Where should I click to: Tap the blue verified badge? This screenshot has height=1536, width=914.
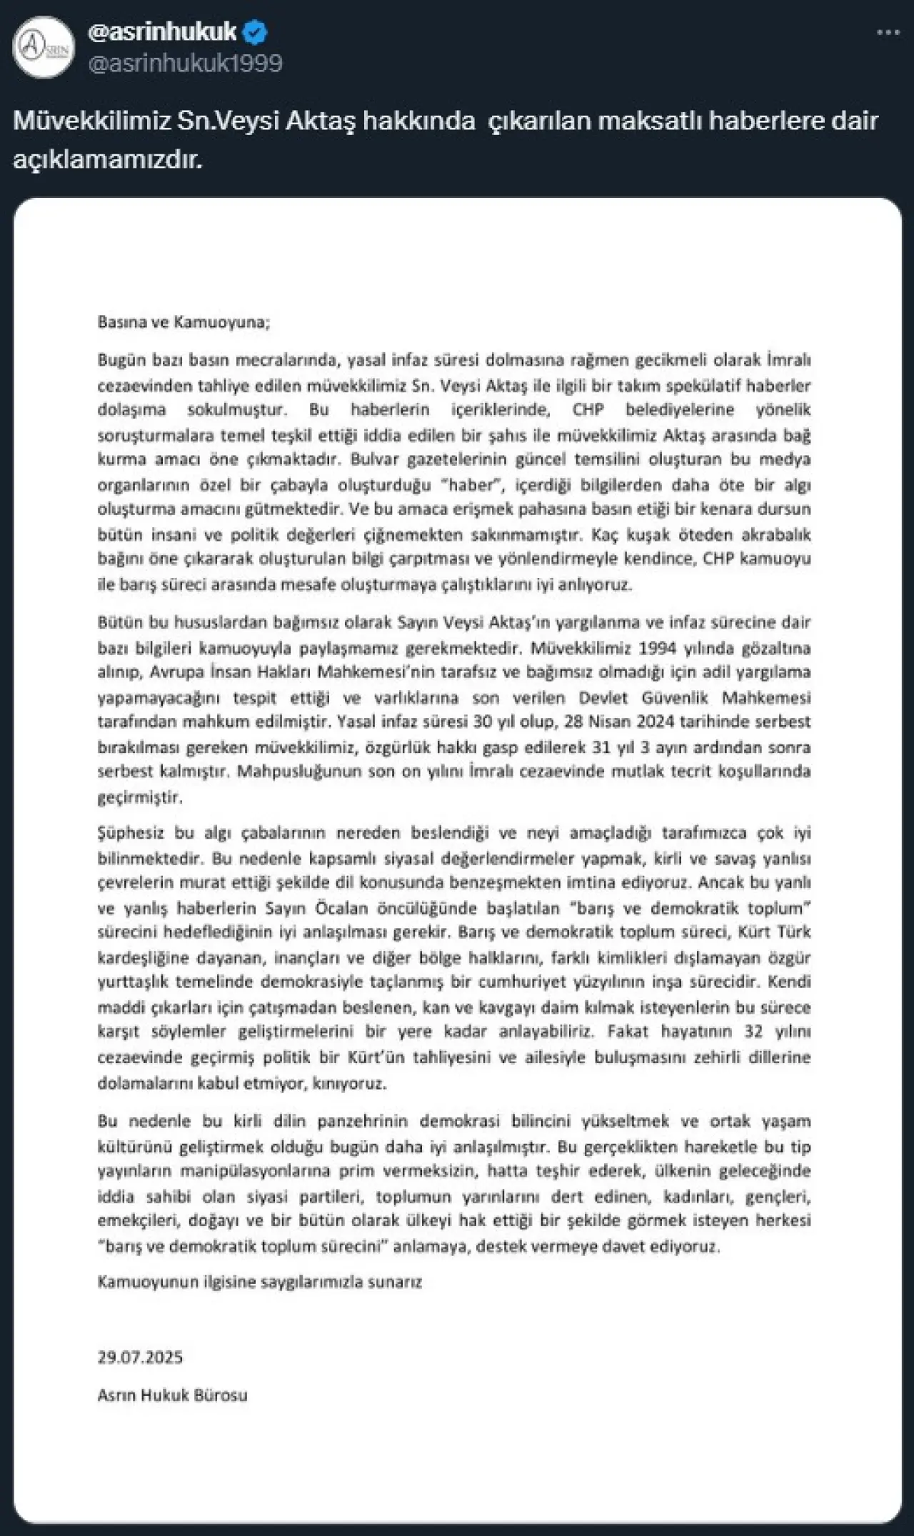(x=256, y=31)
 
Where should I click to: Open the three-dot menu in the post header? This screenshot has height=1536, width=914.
(x=888, y=32)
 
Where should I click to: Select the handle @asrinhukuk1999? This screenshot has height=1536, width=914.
(x=185, y=64)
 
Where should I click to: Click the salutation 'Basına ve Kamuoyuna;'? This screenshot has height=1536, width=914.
(x=184, y=321)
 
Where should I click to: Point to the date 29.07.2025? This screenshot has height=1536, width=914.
(x=140, y=1357)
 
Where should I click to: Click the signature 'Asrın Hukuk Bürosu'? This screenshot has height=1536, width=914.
(x=172, y=1395)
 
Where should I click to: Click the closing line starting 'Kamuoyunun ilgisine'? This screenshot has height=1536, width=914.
(x=259, y=1282)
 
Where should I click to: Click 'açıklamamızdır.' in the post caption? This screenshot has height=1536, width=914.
(x=108, y=160)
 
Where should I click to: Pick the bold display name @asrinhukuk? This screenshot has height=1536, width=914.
(x=162, y=31)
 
